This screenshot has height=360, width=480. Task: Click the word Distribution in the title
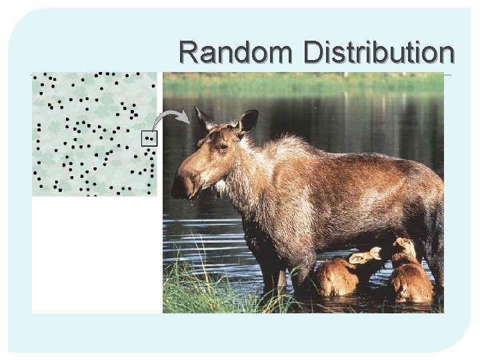pos(378,53)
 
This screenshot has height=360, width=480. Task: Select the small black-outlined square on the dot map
pos(149,139)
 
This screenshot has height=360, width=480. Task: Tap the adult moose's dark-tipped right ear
pos(248,121)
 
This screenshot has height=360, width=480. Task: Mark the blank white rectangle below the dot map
pos(97,253)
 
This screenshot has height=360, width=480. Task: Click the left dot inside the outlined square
pos(147,139)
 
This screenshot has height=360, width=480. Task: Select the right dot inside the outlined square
pos(152,139)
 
